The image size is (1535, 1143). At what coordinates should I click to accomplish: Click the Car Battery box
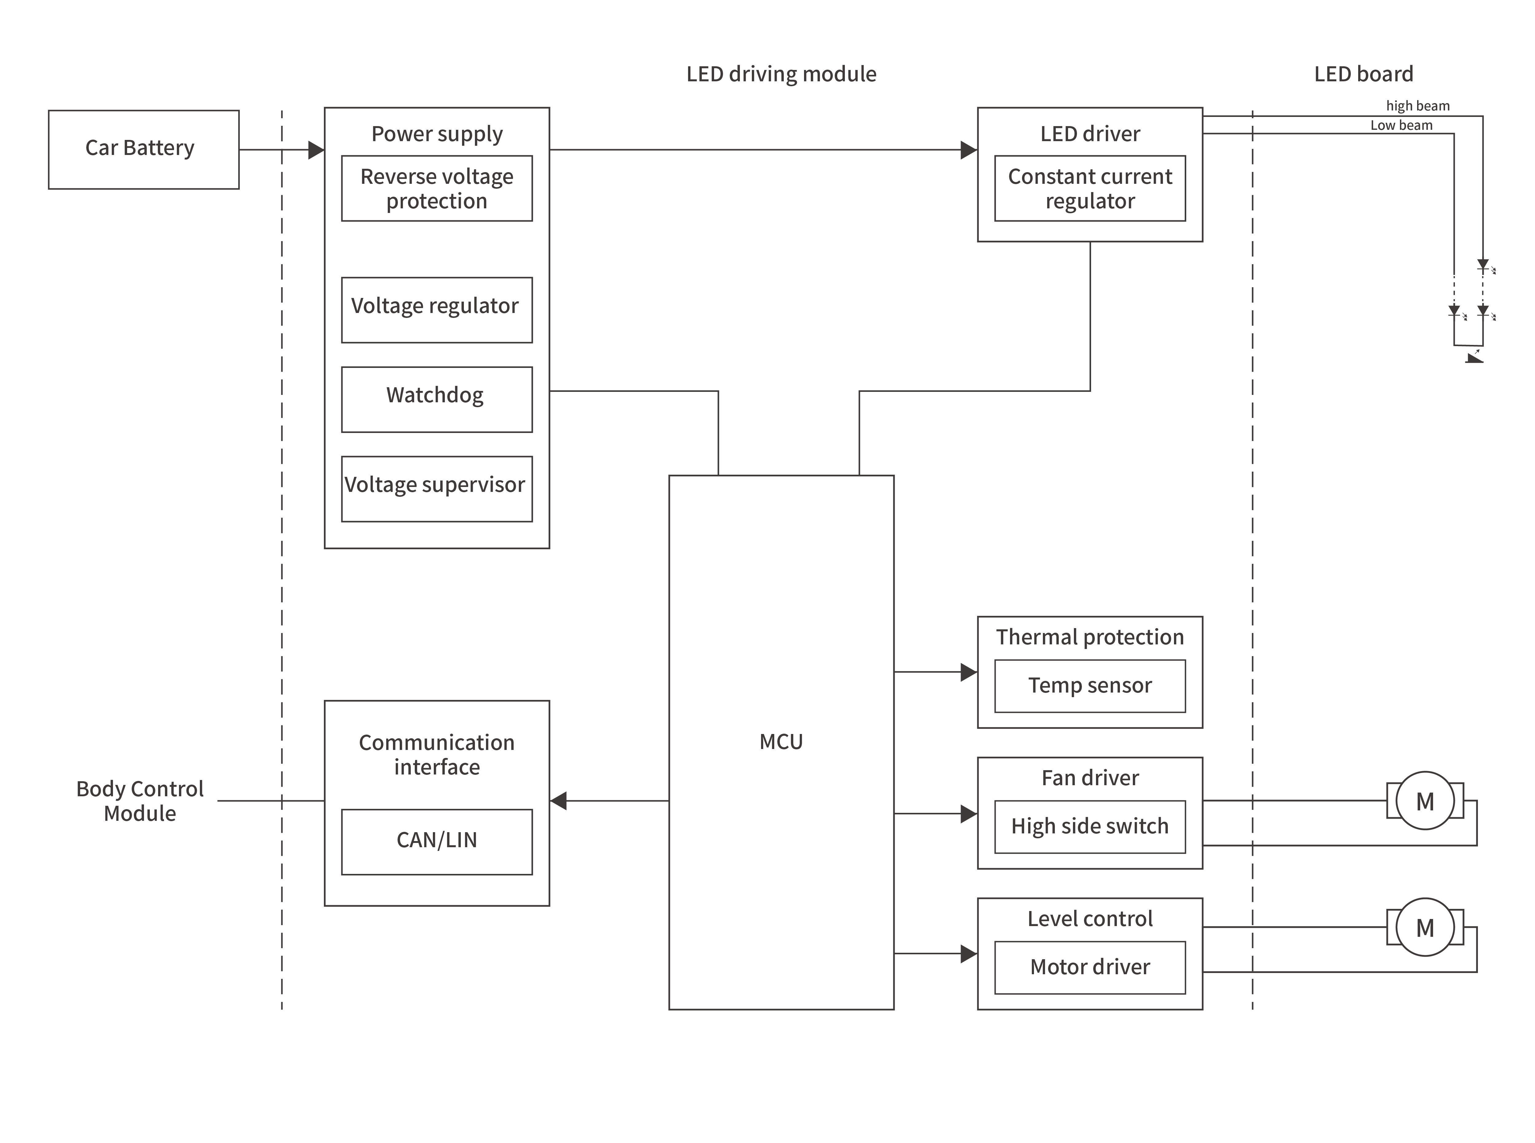(x=143, y=149)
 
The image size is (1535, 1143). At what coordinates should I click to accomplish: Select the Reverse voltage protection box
(x=437, y=188)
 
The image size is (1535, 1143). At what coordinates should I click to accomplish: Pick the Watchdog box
(x=437, y=399)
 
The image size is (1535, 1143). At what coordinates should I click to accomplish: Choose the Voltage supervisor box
(x=437, y=488)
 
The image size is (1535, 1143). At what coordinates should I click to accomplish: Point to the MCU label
(x=781, y=742)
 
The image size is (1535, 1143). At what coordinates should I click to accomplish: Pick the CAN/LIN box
(x=437, y=841)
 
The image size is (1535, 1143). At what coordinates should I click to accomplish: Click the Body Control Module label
(x=140, y=801)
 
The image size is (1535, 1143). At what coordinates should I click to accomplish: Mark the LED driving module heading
(x=781, y=74)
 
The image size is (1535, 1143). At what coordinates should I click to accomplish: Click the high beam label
(x=1417, y=106)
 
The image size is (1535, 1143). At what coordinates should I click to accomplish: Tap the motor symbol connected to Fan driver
(x=1424, y=801)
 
